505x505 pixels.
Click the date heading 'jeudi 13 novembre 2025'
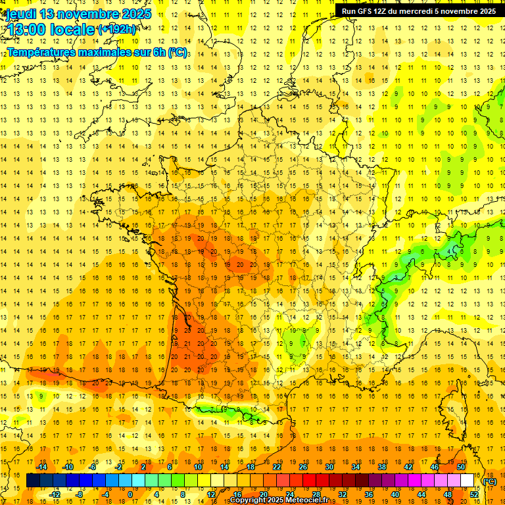tap(78, 14)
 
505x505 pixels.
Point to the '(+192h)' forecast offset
tap(117, 30)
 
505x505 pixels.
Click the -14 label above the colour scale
tap(42, 467)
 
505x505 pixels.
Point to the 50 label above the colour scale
tap(461, 467)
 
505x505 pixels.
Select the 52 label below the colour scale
tap(474, 494)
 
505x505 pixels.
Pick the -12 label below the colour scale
tap(55, 494)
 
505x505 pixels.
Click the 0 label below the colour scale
tap(130, 494)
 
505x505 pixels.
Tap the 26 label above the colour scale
tap(303, 467)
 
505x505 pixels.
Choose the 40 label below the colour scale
tap(395, 494)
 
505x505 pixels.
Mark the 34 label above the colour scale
tap(356, 467)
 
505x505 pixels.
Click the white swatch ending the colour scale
tap(468, 481)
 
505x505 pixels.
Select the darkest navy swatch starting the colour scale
tap(33, 481)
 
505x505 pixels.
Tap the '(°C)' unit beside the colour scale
tap(489, 481)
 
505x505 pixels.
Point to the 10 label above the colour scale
tap(198, 467)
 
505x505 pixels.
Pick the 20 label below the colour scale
tap(264, 494)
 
